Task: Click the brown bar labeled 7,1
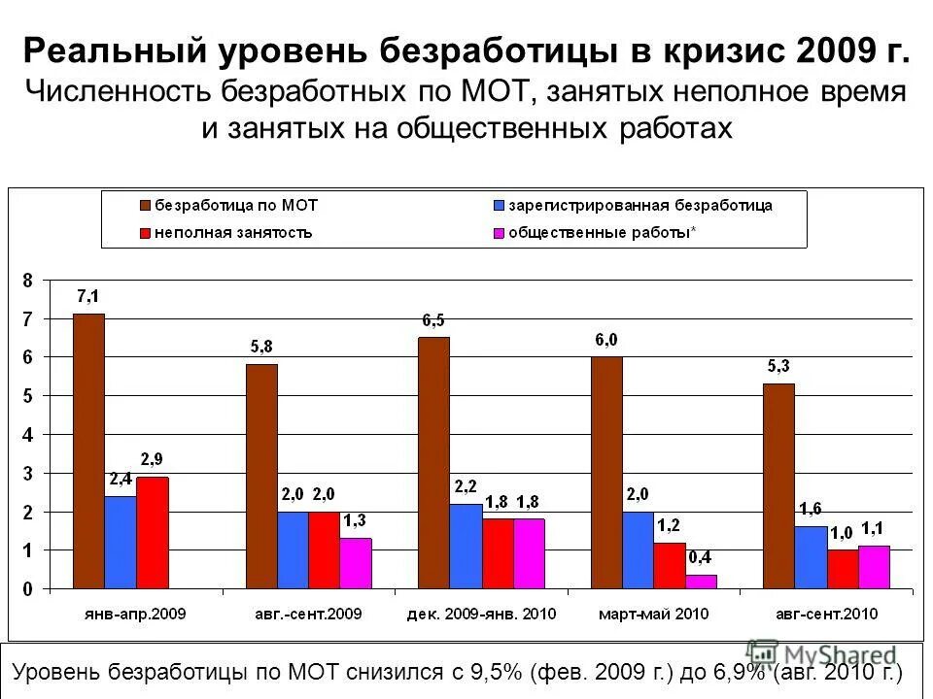(88, 451)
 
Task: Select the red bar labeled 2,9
(152, 533)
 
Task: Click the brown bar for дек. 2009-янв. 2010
(434, 463)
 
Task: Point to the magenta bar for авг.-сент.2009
(356, 563)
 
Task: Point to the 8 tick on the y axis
(28, 280)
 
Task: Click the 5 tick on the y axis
(28, 395)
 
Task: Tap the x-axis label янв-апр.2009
(136, 614)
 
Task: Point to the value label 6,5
(434, 320)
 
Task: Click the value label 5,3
(778, 367)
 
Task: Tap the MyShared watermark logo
(822, 654)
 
